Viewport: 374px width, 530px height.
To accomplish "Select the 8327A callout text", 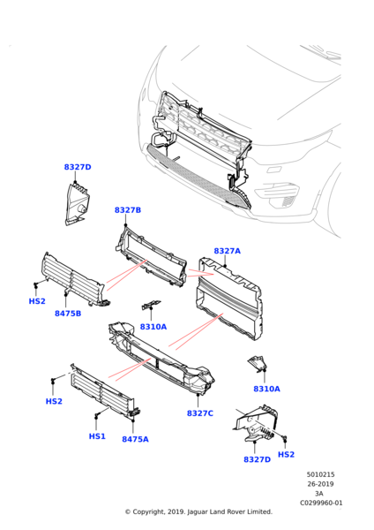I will (x=227, y=251).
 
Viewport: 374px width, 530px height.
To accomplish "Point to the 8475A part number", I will (x=135, y=439).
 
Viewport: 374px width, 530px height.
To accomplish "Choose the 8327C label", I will (x=200, y=413).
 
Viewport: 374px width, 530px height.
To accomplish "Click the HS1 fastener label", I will (x=97, y=436).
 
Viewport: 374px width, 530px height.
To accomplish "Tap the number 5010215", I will (x=321, y=474).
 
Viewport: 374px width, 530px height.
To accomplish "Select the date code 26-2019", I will (x=321, y=484).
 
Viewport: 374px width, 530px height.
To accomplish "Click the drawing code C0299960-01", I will (x=321, y=503).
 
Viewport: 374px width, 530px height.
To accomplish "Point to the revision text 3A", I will (x=321, y=494).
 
